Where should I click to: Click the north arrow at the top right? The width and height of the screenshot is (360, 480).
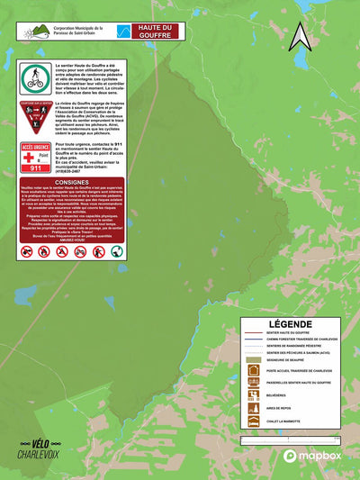coord(299,35)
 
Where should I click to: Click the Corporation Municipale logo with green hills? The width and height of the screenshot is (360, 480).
coord(35,32)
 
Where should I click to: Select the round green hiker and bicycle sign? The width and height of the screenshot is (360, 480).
coord(34,77)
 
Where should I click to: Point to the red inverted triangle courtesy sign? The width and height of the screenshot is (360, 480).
coord(33,118)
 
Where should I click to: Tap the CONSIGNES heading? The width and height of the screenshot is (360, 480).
coord(71,181)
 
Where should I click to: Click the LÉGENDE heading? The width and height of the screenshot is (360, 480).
coord(290,323)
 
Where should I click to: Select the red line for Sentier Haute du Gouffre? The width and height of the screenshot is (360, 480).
coord(253,333)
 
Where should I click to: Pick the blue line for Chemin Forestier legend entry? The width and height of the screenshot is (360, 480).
coord(253,339)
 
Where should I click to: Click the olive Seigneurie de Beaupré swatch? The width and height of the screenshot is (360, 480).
coord(254,358)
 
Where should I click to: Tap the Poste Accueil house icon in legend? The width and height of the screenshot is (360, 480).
coord(254,370)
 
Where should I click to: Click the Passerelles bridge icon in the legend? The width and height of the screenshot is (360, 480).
coord(254,383)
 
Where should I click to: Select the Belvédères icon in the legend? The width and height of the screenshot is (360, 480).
coord(254,395)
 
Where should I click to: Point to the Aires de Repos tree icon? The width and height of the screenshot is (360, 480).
coord(254,408)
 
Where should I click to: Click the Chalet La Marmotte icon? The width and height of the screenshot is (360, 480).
coord(254,421)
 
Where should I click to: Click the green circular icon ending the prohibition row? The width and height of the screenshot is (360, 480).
coord(117,251)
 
